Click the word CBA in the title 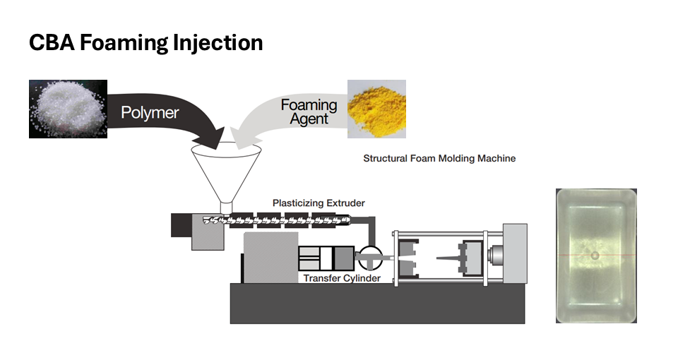click(52, 43)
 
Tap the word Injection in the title click(218, 44)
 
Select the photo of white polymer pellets click(68, 109)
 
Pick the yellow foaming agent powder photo click(376, 109)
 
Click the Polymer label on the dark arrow click(150, 112)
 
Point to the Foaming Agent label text click(309, 112)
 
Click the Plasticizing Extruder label click(319, 203)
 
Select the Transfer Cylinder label click(342, 278)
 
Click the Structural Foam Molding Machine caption click(439, 159)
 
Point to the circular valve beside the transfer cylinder click(370, 258)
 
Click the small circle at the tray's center click(595, 256)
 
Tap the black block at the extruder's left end click(182, 225)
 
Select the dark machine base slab click(377, 304)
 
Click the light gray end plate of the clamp click(515, 253)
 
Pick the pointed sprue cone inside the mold click(448, 258)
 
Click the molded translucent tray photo click(596, 256)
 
